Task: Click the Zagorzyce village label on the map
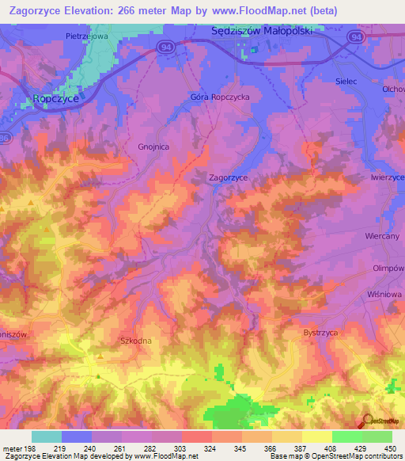tap(228, 178)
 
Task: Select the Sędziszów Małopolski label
tap(263, 31)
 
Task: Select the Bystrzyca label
tap(321, 333)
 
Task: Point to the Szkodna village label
tap(134, 341)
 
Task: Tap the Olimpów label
tap(388, 269)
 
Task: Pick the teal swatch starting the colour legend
tap(47, 436)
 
